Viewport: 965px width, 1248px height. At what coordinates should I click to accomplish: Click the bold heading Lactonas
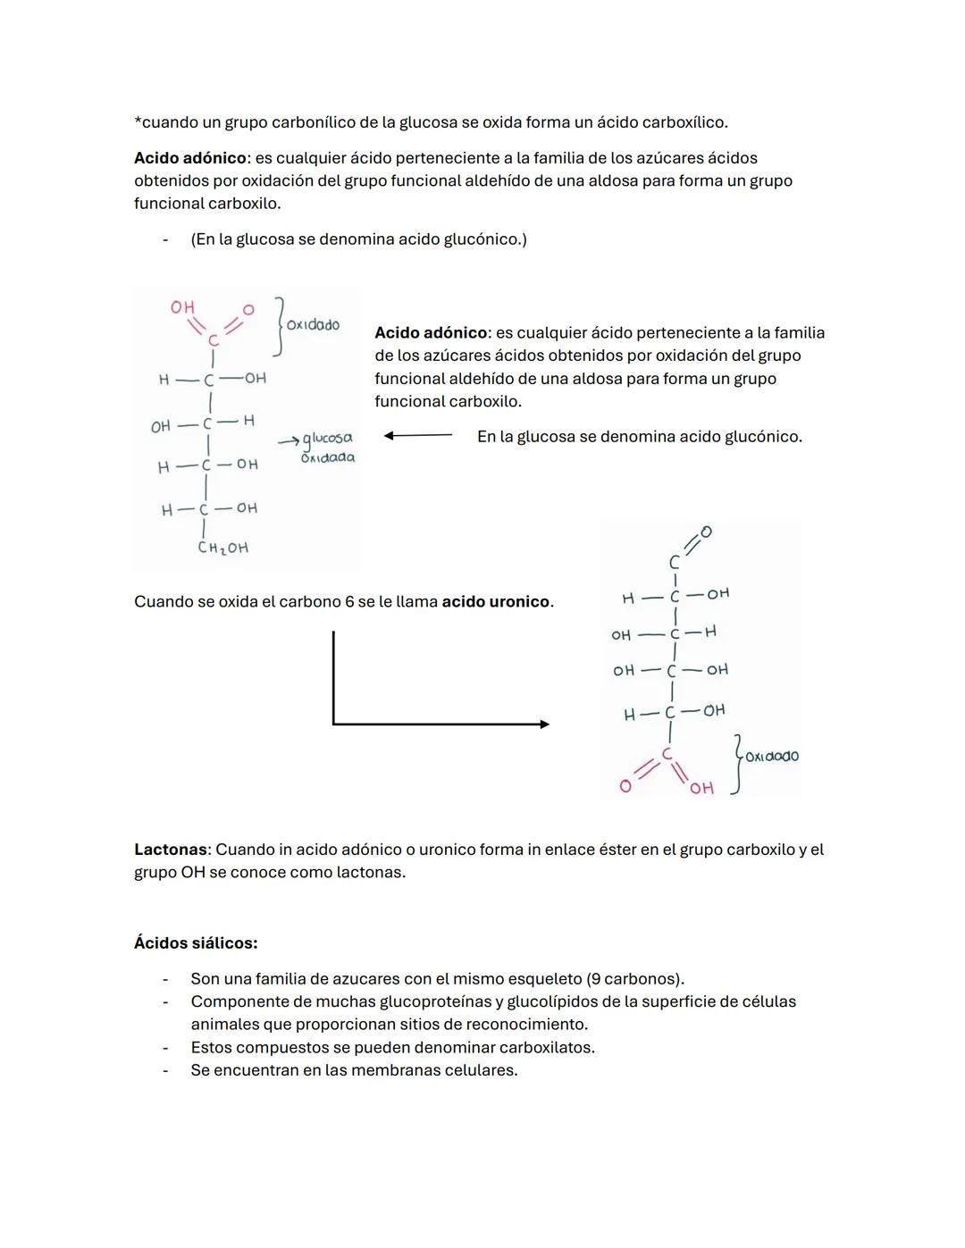[x=170, y=850]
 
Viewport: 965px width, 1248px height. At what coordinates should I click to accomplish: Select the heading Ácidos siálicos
[x=196, y=942]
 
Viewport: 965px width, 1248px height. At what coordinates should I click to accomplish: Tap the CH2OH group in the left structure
[x=222, y=548]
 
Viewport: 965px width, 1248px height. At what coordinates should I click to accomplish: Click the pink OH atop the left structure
[x=182, y=307]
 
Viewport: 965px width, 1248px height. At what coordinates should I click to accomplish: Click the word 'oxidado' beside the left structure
[x=313, y=325]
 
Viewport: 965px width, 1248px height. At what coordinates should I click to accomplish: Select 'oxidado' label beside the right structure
[x=772, y=756]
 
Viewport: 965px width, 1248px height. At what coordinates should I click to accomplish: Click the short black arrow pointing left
[x=417, y=436]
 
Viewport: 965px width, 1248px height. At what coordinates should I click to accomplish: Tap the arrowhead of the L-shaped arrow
[x=544, y=725]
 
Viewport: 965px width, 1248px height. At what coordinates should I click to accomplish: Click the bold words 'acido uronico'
[x=496, y=602]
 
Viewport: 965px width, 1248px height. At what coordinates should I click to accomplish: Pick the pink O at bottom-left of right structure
[x=625, y=786]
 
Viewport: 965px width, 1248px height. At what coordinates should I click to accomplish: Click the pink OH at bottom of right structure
[x=701, y=788]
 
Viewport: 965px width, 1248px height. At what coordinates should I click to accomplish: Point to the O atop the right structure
[x=706, y=532]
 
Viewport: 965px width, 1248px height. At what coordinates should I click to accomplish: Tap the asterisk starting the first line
[x=138, y=121]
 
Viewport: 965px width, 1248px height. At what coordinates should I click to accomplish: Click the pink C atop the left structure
[x=213, y=340]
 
